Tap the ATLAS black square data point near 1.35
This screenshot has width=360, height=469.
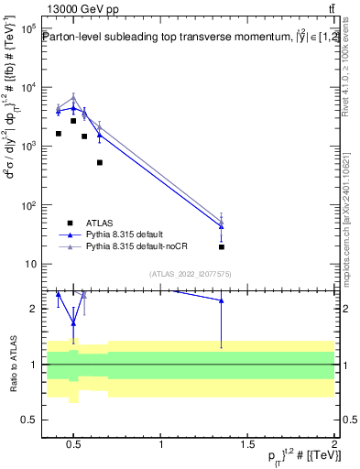[222, 246]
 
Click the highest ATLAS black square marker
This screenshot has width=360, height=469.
[73, 121]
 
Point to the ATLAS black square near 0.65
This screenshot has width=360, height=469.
[100, 162]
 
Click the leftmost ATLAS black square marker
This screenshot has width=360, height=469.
[59, 134]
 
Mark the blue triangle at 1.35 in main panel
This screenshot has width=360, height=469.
[222, 226]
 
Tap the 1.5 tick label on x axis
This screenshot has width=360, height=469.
[247, 445]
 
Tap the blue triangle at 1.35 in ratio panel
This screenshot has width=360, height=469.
[222, 300]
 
